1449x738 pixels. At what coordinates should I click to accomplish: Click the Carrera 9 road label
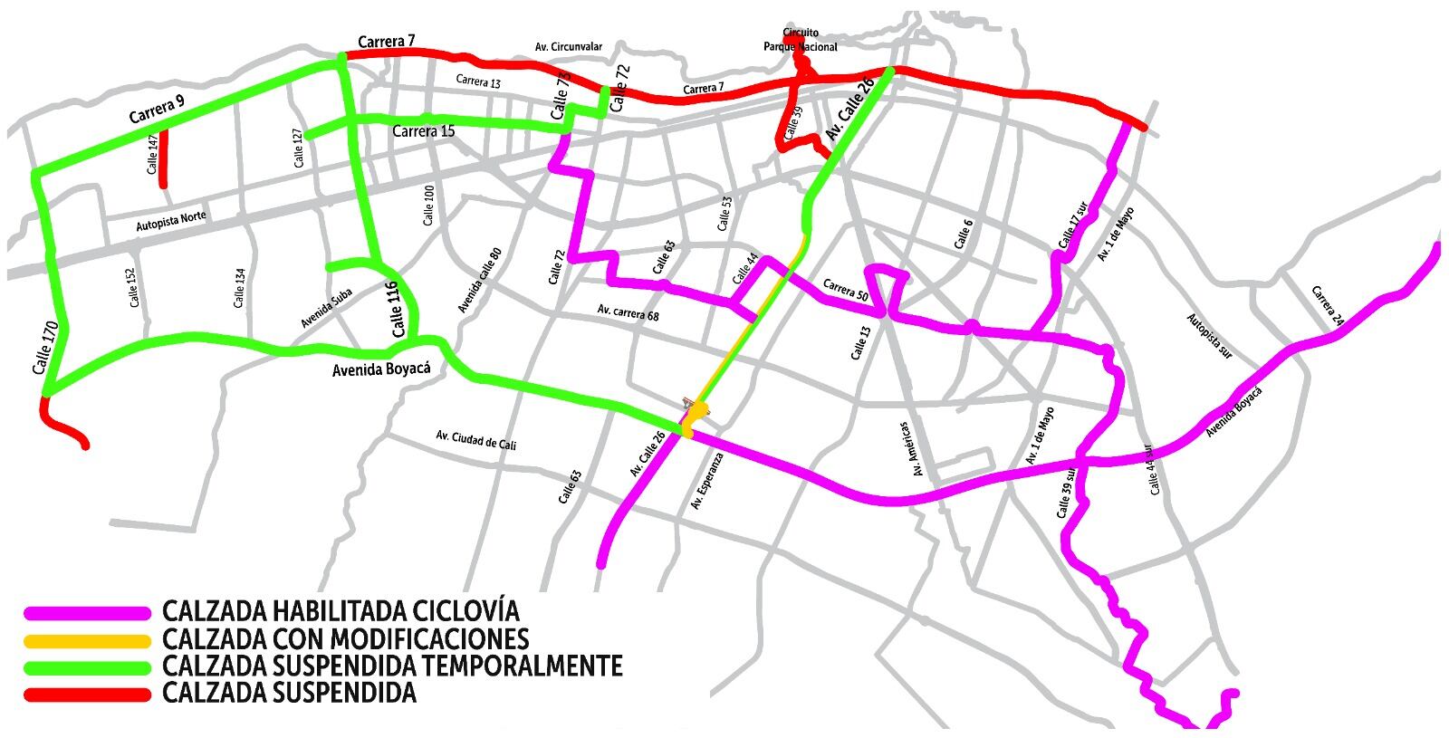click(x=156, y=109)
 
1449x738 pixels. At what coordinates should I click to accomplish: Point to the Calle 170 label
click(x=44, y=349)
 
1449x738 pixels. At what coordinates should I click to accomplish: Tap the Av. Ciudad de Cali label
click(x=475, y=439)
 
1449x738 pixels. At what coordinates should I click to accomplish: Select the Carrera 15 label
click(x=423, y=131)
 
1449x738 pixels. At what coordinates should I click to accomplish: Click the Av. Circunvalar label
click(x=569, y=46)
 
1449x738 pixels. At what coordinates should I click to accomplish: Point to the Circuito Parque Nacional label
click(x=800, y=40)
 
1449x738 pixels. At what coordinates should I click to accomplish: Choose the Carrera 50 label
click(x=845, y=291)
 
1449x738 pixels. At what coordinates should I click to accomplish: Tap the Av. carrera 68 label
click(x=628, y=313)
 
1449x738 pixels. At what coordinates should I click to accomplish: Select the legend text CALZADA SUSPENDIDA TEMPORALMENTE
click(x=392, y=666)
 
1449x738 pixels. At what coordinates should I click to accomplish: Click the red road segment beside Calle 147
click(x=163, y=159)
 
